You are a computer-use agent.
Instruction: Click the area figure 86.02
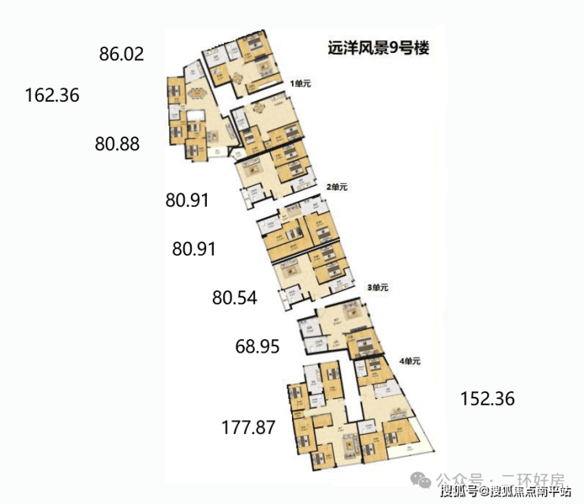pos(122,54)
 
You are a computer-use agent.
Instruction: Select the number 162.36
pos(52,95)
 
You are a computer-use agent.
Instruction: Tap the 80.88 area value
pos(117,144)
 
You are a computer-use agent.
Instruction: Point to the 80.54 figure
pos(234,298)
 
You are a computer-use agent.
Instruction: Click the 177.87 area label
pos(248,428)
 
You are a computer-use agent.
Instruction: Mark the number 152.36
pos(487,399)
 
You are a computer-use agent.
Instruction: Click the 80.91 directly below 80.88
pos(187,200)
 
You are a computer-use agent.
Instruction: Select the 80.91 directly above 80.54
pos(193,249)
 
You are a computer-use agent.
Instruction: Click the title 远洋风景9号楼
pos(378,48)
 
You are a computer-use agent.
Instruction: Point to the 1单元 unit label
pos(301,82)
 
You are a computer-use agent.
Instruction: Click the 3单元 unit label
pos(378,288)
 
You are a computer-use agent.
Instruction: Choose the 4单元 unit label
pos(410,360)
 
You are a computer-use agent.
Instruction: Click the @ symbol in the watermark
pos(482,494)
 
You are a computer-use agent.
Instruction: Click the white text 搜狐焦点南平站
pos(530,494)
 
